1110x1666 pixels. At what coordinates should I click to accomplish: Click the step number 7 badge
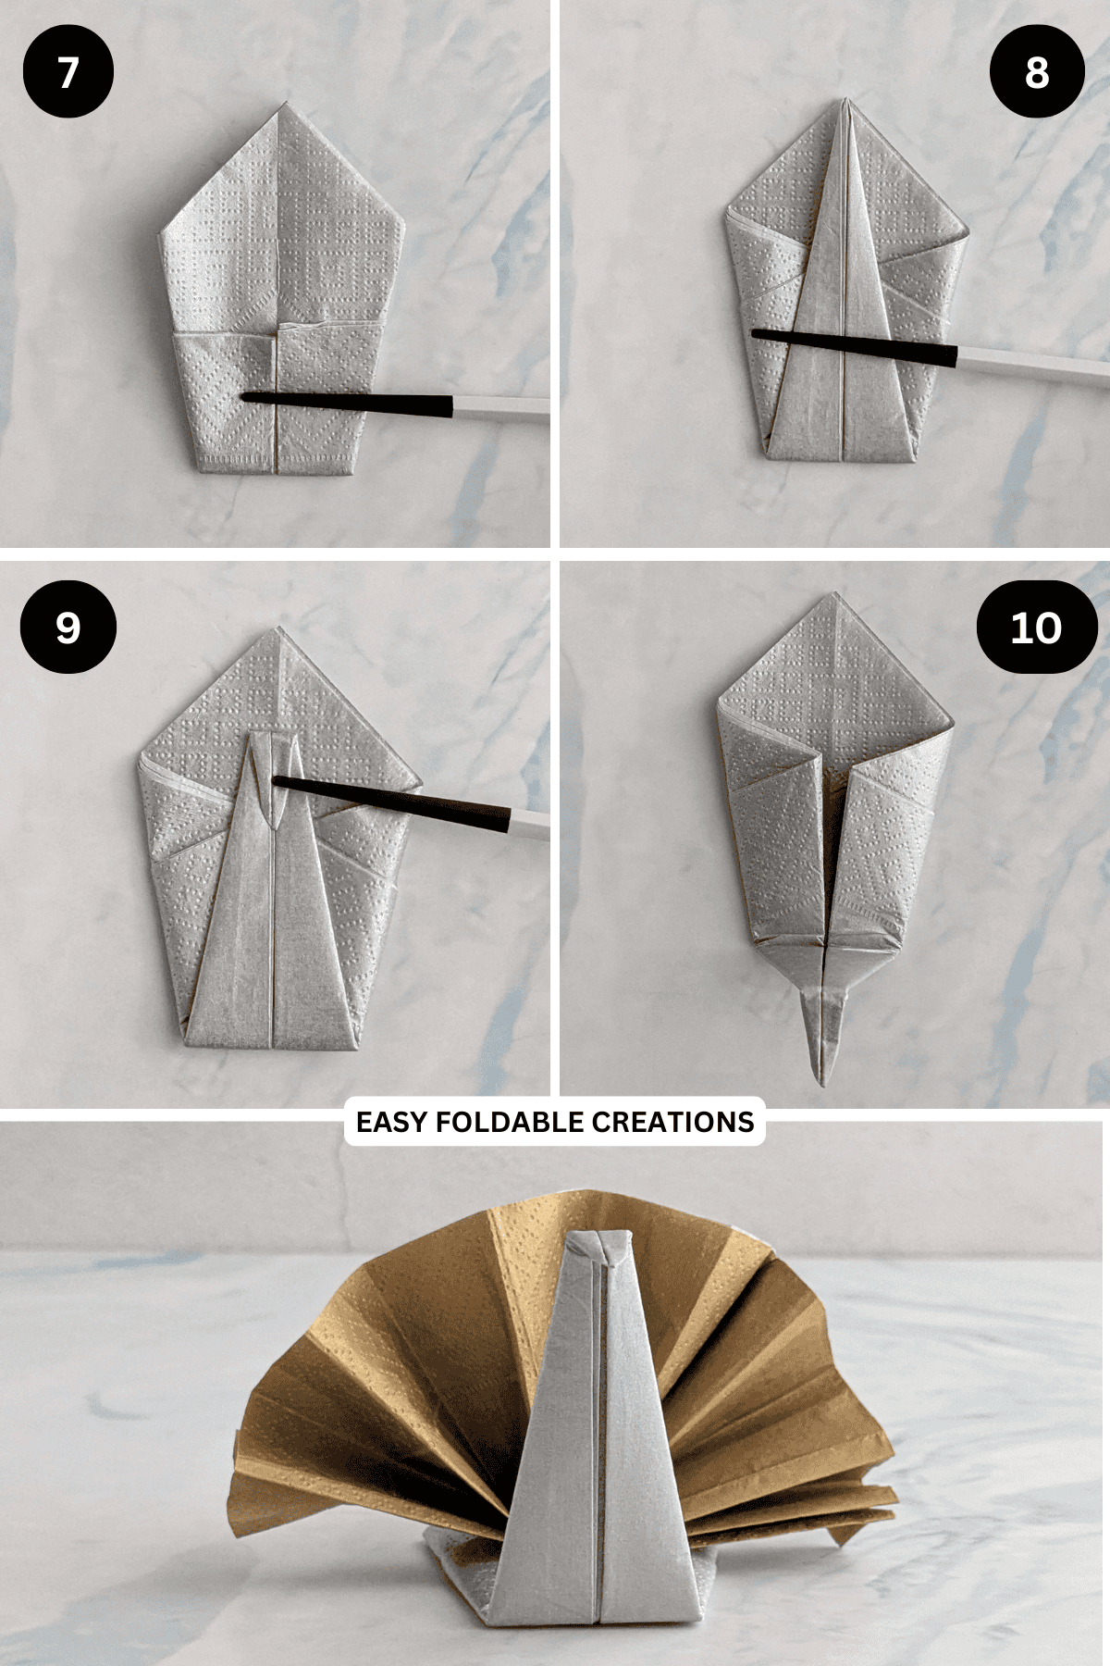68,72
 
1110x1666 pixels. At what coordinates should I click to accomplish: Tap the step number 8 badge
1037,72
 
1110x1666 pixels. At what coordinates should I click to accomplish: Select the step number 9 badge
68,628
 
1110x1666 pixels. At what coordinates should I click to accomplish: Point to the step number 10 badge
1037,628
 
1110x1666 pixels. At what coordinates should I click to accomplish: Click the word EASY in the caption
392,1122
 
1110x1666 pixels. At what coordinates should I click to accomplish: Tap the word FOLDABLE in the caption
510,1122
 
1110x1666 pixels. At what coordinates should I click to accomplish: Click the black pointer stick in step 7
347,403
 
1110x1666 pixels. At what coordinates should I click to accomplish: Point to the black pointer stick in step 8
854,346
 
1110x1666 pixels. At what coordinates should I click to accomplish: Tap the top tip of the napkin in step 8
845,99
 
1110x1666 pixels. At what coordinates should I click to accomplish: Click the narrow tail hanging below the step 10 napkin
822,1032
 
